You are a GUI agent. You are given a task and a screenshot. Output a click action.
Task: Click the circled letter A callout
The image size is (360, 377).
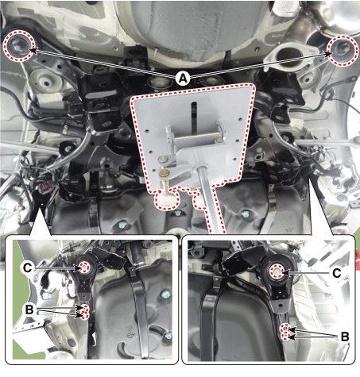183,79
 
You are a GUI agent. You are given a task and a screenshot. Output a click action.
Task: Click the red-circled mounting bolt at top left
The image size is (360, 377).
19,46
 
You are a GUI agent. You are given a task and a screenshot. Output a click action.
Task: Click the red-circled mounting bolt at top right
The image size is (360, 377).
343,50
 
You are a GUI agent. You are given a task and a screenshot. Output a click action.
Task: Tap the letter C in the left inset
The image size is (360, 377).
27,268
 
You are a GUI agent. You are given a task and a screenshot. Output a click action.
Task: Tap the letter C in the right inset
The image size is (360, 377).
336,273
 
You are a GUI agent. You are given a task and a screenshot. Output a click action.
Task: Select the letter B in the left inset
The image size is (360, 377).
29,310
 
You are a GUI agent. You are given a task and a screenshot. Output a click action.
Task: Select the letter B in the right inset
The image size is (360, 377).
344,337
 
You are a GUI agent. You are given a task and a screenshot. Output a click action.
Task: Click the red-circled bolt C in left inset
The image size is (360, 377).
84,267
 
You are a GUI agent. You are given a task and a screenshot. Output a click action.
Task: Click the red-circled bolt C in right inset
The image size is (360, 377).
277,271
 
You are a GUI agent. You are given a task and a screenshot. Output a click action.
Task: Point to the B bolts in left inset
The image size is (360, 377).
84,312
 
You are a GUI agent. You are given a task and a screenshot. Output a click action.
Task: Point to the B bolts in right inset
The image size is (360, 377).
285,333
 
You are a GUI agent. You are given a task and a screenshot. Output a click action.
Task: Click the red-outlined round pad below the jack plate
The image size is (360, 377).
167,200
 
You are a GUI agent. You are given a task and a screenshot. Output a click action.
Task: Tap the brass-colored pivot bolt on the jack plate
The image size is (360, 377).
165,173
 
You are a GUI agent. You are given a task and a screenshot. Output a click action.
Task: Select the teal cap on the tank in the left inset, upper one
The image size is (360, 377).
166,294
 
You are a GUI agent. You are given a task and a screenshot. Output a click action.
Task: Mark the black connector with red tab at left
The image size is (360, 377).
46,187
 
